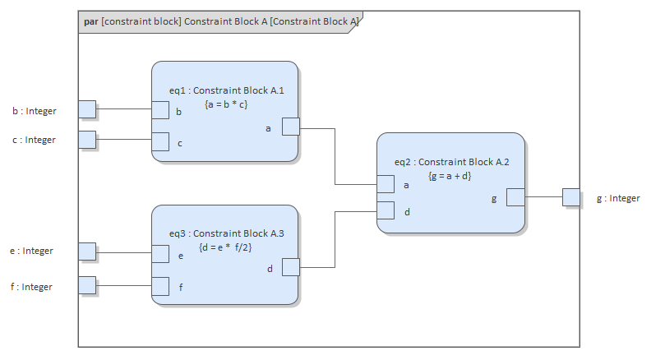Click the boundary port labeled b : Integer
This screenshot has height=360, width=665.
[x=87, y=109]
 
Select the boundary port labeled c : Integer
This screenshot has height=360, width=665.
[x=87, y=140]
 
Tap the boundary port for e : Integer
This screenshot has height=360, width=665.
[x=87, y=252]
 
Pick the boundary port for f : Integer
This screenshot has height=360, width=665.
[x=87, y=285]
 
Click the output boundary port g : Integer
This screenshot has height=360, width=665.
[x=571, y=197]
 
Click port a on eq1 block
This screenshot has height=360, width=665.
[x=290, y=127]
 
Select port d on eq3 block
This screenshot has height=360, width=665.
[x=290, y=267]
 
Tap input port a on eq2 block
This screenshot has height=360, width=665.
[x=385, y=185]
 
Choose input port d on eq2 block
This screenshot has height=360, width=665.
[x=385, y=210]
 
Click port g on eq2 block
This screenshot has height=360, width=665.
[x=515, y=197]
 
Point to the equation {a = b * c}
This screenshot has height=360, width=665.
[x=225, y=104]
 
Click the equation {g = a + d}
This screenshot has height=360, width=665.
[x=450, y=176]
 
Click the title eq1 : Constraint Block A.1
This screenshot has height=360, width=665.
[x=226, y=90]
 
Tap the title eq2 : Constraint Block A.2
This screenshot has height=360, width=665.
[x=451, y=162]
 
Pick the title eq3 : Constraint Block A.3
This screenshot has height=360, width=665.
[x=226, y=233]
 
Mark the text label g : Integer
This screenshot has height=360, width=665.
[x=617, y=198]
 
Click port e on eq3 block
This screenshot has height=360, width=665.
[x=161, y=254]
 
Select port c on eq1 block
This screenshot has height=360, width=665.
[x=161, y=143]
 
